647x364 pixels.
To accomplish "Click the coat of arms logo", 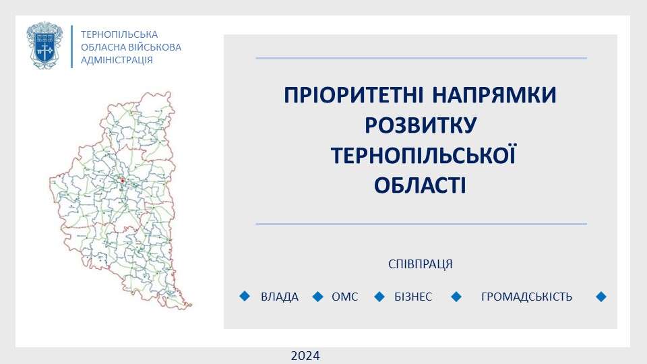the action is (44, 45).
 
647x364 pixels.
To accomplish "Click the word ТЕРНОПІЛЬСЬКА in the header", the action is (119, 34).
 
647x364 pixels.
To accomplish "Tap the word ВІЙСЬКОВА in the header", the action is (156, 47).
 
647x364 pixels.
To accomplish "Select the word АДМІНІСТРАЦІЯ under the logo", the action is (117, 60).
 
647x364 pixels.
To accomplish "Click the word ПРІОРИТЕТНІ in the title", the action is (354, 95).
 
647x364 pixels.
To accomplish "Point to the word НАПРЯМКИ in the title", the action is (494, 95).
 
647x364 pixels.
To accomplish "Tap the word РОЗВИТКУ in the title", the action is (421, 125).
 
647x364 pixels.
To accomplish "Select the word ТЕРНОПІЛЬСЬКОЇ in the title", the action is (423, 155).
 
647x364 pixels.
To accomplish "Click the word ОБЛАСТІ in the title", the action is (420, 185).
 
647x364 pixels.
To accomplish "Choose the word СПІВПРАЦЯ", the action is (421, 264).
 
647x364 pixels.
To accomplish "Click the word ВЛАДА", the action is (279, 297).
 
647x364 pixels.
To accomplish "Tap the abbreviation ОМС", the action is (345, 297).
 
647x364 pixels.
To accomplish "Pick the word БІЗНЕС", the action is (413, 297).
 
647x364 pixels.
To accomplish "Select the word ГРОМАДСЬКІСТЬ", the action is (526, 297).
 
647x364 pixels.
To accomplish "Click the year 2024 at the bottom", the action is (305, 356).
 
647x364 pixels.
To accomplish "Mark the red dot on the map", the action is (123, 181).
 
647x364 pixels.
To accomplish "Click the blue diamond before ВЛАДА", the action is (245, 296).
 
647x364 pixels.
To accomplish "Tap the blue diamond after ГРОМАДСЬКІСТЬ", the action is (601, 297).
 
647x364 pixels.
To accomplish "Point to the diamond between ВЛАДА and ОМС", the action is (317, 297).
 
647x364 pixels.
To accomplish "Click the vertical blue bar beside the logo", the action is (72, 47).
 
